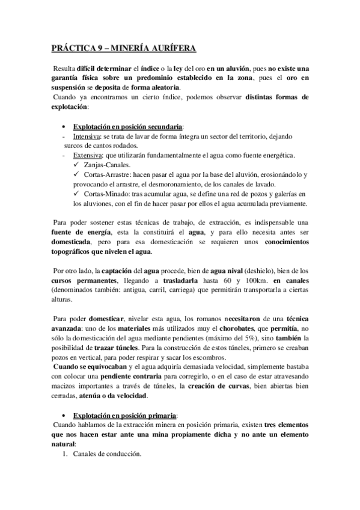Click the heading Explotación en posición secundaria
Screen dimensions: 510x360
(x=128, y=127)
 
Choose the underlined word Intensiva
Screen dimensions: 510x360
(x=87, y=137)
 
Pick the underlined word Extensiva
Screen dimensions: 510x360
(x=88, y=156)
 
